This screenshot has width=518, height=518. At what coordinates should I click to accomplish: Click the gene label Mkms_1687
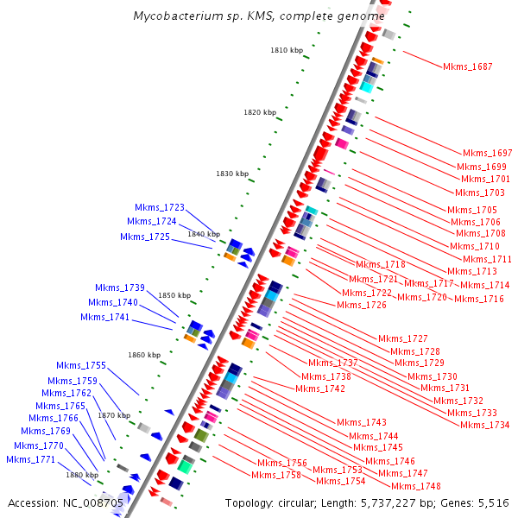coord(467,66)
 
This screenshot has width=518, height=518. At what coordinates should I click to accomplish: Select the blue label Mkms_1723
coord(160,207)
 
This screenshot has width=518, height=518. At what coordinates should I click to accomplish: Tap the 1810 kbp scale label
coord(287,51)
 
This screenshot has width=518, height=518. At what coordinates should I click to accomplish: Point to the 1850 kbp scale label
coord(174,295)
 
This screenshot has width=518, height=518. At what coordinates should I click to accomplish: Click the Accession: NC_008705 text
coord(66,502)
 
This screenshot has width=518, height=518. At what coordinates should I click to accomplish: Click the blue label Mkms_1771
coord(31,459)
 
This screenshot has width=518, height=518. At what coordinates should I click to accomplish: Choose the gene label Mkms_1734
coord(484,425)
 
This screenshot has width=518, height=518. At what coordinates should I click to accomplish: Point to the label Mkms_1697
coord(488,153)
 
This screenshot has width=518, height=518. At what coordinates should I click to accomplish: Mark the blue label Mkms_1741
coord(105,317)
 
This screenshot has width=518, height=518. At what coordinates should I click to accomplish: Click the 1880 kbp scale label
coord(82,475)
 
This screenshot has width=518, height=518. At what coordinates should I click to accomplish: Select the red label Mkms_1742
coord(320,388)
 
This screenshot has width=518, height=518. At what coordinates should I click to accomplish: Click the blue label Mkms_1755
coord(81,365)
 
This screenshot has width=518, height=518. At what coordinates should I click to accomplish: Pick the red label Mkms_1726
coord(362,305)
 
